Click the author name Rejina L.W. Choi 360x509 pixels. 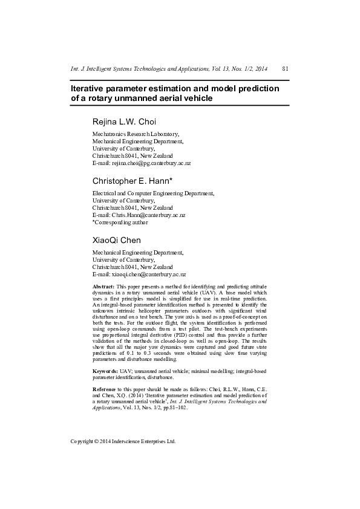tap(124, 122)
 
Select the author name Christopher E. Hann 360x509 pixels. tap(133, 181)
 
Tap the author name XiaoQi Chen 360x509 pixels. tap(116, 240)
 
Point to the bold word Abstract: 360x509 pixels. tap(103, 286)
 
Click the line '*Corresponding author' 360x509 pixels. tap(120, 222)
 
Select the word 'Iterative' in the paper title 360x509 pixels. tap(91, 89)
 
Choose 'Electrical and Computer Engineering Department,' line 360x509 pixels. tap(153, 193)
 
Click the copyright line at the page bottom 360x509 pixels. tap(123, 441)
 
